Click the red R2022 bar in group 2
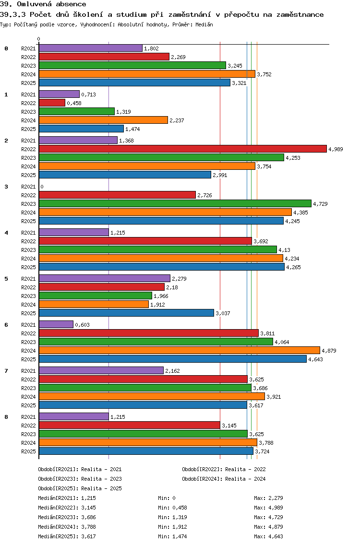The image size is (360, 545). pos(182,149)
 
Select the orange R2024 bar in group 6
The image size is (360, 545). pos(179,351)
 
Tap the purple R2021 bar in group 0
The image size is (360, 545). pos(91,48)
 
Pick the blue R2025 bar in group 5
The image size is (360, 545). pos(126,313)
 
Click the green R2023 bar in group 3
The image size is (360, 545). pos(175,204)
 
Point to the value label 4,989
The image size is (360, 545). pos(336,149)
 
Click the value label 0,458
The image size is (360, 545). pos(74,103)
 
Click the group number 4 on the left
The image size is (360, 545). pos(6,233)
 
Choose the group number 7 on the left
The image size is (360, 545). pos(6,371)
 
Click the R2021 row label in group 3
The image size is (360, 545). pos(28,187)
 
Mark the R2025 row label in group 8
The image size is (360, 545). pos(28,451)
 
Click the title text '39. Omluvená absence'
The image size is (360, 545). pos(43,4)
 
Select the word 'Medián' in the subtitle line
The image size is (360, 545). pos(204,24)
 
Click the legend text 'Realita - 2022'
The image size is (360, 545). pos(245,469)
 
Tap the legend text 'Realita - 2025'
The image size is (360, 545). pos(101,488)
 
